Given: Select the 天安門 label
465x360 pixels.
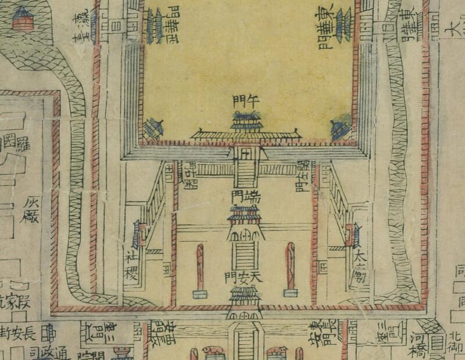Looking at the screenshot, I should [243, 278].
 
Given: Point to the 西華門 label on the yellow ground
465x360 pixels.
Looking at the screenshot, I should [173, 25].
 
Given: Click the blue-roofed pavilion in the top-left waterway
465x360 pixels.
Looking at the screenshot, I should [23, 19].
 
